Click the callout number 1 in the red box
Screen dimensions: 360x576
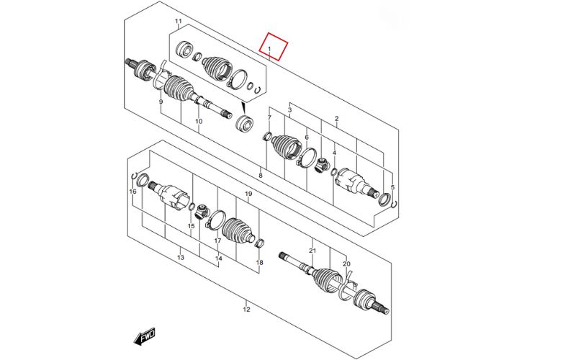(x=269, y=50)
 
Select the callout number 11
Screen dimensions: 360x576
(x=179, y=23)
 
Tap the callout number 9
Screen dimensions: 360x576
(x=161, y=102)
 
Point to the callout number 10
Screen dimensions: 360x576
(x=199, y=122)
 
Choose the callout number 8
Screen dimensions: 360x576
(x=261, y=176)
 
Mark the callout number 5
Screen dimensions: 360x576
(x=392, y=187)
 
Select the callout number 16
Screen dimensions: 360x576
(x=132, y=192)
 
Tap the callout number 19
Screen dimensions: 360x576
(x=248, y=194)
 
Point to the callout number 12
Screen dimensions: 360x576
(x=246, y=310)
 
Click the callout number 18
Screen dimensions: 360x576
(x=260, y=263)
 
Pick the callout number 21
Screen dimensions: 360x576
(x=312, y=251)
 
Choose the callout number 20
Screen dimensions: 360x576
(x=346, y=264)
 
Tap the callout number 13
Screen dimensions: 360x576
(x=181, y=258)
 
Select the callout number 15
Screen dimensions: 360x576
(x=192, y=226)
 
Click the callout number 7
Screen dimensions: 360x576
(x=269, y=117)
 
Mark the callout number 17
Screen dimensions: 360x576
(x=217, y=240)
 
